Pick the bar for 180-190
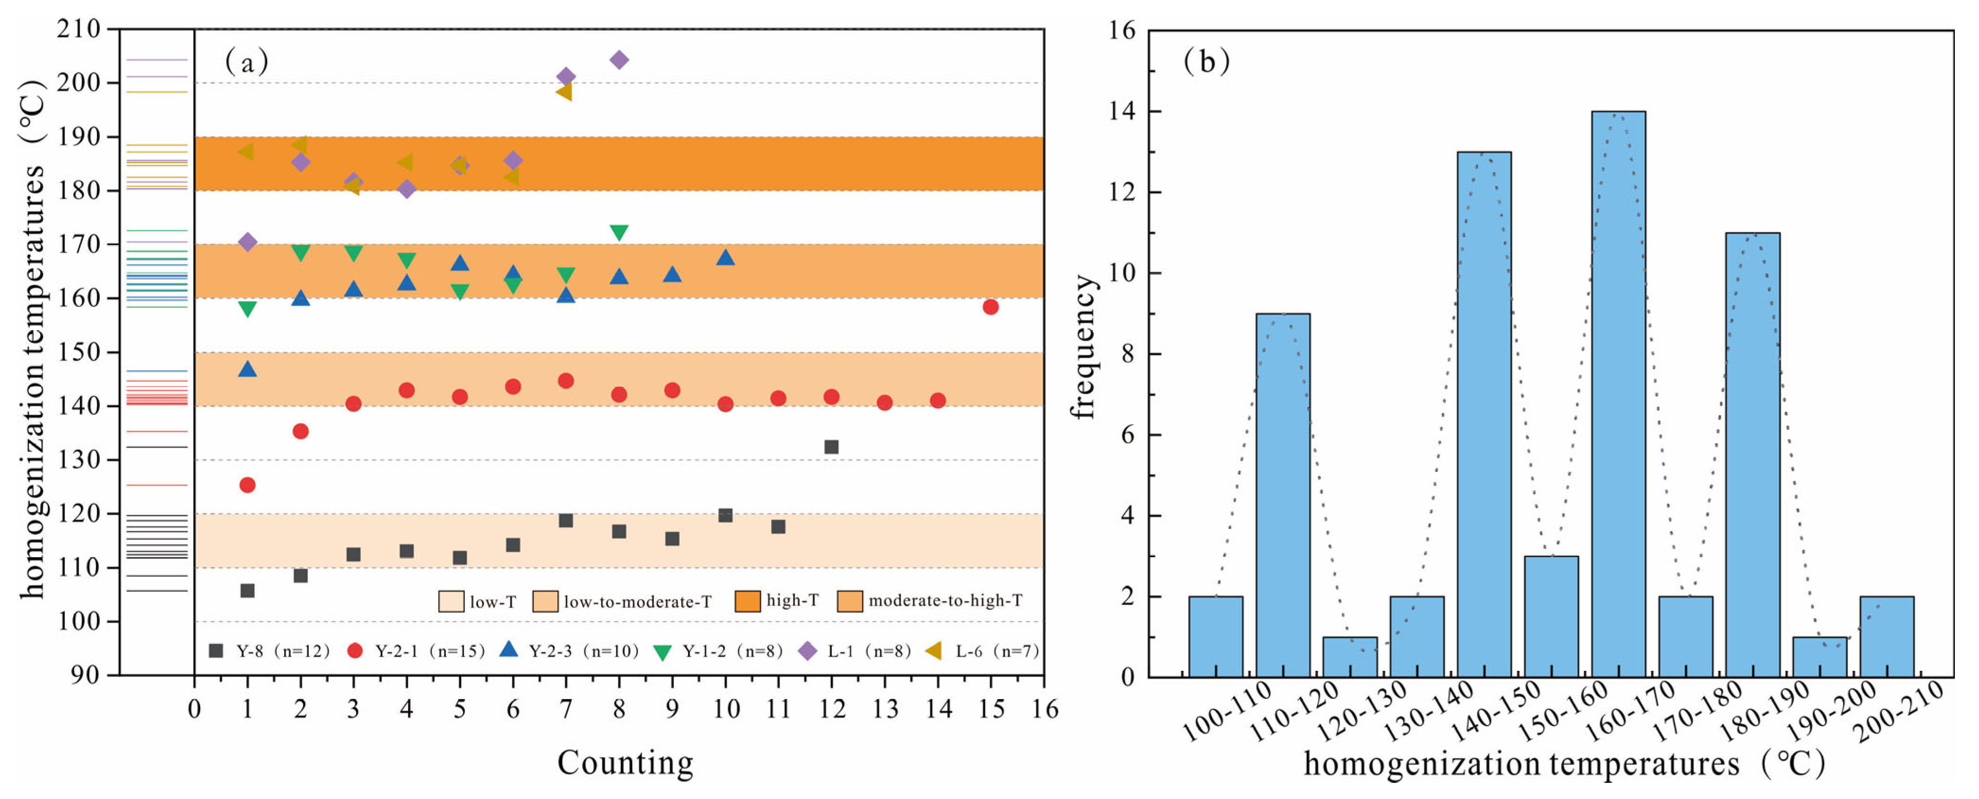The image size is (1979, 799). [x=1752, y=455]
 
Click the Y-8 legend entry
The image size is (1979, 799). [x=269, y=651]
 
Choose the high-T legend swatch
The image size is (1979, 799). [x=748, y=601]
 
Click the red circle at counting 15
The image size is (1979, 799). [x=990, y=307]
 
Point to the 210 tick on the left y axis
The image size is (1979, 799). [x=79, y=29]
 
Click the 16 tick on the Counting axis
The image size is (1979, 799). [x=1044, y=708]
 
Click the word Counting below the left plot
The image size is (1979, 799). [x=625, y=763]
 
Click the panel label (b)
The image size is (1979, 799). [x=1206, y=61]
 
